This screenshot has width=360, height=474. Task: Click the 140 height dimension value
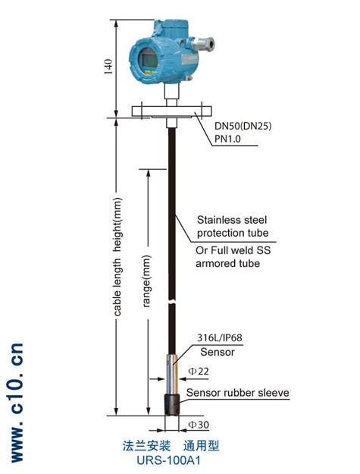point(108,67)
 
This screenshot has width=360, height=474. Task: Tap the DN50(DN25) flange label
point(243,126)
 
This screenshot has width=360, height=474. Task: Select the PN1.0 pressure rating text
point(227,139)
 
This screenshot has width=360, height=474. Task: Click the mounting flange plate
point(171,111)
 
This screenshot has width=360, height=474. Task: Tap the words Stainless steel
point(232,220)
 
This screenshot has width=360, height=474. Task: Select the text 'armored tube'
point(227,263)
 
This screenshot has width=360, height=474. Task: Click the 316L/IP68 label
point(220,337)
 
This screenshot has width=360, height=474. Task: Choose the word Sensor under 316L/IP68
point(218,352)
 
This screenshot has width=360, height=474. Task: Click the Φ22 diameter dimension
point(199,371)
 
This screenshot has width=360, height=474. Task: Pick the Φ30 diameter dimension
point(199,425)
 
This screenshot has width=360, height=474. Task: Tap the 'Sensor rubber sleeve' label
point(238,393)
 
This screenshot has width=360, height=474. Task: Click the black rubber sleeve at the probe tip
point(172,405)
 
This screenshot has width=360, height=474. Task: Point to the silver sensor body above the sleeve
point(172,374)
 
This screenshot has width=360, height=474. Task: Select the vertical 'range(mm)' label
point(146,281)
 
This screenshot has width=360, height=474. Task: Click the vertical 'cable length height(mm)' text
point(117,257)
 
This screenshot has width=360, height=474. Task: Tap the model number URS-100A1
point(168,460)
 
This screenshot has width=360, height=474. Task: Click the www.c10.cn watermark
point(17,403)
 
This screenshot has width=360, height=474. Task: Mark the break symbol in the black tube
point(172,302)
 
